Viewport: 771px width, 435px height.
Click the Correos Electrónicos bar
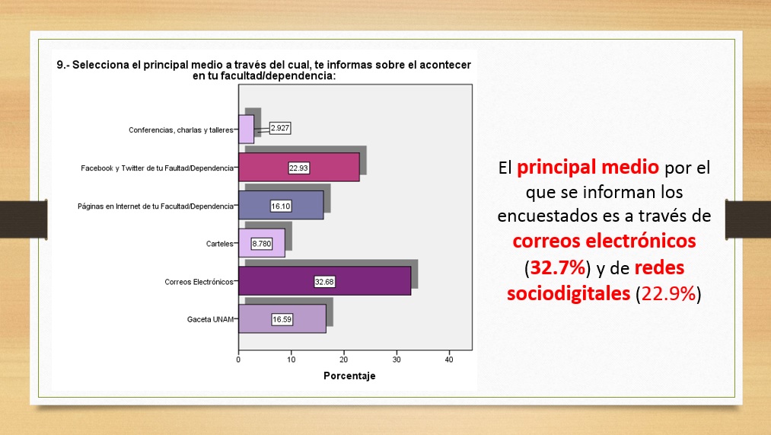click(x=324, y=281)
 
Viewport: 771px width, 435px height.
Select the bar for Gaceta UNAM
click(x=282, y=319)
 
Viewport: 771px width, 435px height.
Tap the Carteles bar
click(x=262, y=243)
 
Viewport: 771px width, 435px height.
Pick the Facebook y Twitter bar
click(x=299, y=168)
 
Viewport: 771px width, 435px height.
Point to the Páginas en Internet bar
click(x=281, y=205)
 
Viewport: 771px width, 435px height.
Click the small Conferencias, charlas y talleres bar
click(x=247, y=130)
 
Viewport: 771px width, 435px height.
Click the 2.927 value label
click(x=280, y=128)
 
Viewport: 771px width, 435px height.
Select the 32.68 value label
click(x=324, y=282)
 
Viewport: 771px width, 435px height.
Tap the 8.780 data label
click(x=262, y=244)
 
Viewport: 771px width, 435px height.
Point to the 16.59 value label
click(x=282, y=319)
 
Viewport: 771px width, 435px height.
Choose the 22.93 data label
click(x=298, y=168)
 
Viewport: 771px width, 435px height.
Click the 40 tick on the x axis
click(x=449, y=360)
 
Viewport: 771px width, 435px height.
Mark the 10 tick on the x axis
click(x=291, y=360)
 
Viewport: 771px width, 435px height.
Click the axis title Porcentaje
click(x=349, y=376)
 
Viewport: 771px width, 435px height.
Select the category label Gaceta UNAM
click(x=211, y=319)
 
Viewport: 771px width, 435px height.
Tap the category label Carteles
click(x=220, y=244)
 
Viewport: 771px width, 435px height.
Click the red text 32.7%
click(x=558, y=267)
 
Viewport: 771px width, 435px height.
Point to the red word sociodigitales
click(x=569, y=293)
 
